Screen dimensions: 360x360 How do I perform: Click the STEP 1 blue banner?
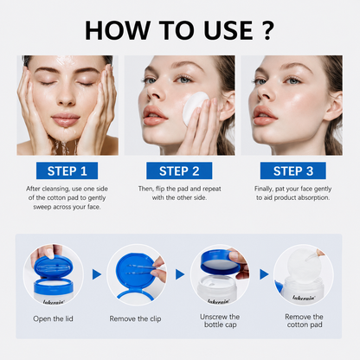(x=67, y=170)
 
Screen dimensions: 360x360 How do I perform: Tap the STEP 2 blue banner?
(x=179, y=170)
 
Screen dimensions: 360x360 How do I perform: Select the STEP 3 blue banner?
(x=293, y=170)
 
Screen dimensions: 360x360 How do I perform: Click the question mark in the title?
(x=268, y=30)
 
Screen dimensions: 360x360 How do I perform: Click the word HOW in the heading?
(x=118, y=30)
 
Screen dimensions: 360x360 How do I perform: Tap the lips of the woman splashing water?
(x=65, y=119)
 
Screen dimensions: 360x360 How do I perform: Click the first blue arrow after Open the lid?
(x=97, y=274)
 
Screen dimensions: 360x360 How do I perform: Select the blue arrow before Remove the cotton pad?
(x=264, y=274)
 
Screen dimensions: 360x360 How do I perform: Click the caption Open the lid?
(x=53, y=318)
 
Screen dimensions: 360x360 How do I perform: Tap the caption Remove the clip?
(x=135, y=318)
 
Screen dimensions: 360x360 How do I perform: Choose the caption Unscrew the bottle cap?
(x=220, y=320)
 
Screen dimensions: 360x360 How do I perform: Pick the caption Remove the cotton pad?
(x=305, y=320)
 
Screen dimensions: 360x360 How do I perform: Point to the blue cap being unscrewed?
(x=221, y=262)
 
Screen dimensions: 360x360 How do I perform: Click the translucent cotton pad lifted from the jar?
(x=303, y=266)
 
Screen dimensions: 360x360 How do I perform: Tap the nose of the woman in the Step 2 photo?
(x=154, y=93)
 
